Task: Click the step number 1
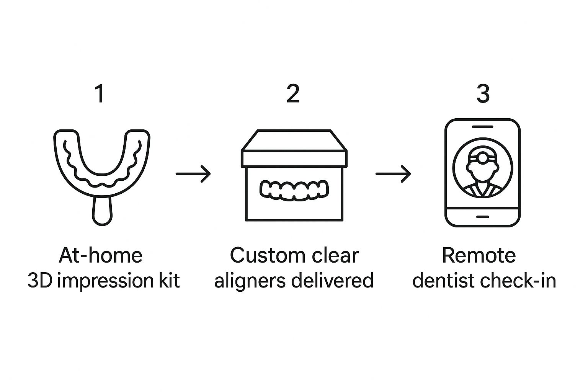100,94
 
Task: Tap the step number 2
293,94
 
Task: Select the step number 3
483,94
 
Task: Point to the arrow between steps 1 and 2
193,174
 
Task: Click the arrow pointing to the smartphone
393,174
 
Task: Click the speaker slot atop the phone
482,126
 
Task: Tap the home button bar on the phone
482,217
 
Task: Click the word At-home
100,255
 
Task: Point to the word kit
169,281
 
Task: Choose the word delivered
332,281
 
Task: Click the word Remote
479,255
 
